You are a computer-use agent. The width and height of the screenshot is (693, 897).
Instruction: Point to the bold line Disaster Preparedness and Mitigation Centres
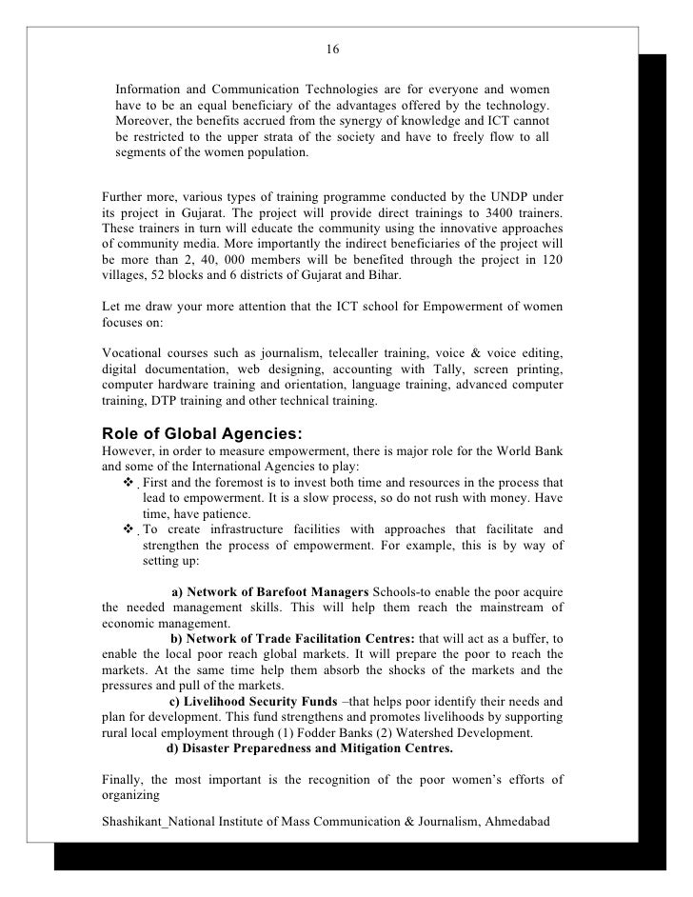[x=309, y=748]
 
